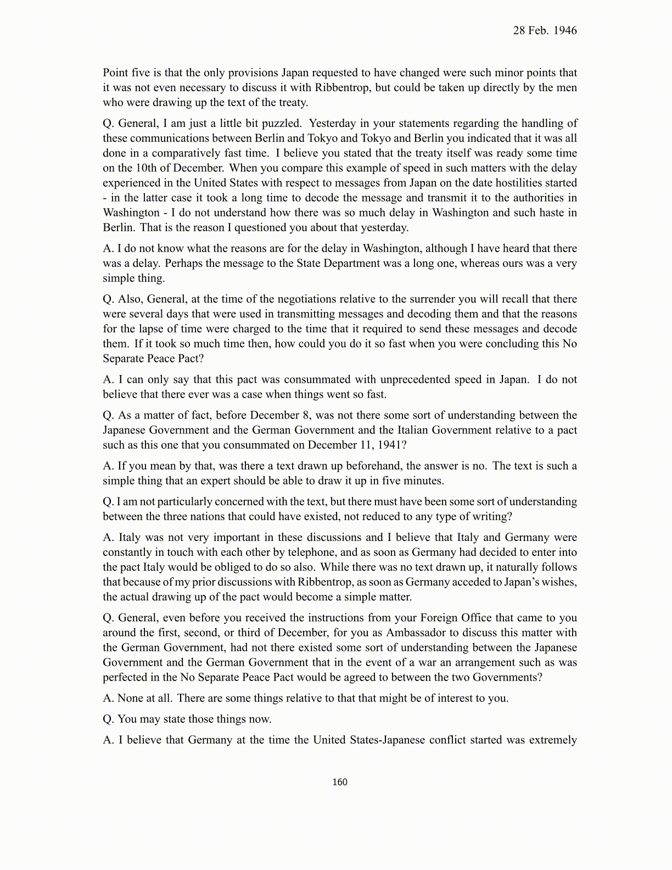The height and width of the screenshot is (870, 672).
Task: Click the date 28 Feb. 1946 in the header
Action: pos(545,31)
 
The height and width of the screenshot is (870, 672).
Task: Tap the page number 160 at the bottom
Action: pos(340,782)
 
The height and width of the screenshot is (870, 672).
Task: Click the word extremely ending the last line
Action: pos(553,740)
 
